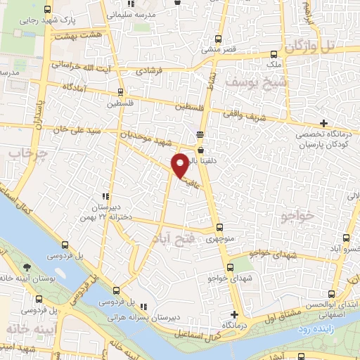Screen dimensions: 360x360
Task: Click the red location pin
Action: tap(181, 165)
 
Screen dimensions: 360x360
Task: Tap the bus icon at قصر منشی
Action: tap(219, 39)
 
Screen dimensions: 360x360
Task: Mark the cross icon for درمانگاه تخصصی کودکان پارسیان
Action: tap(323, 124)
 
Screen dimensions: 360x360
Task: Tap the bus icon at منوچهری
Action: tap(219, 227)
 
